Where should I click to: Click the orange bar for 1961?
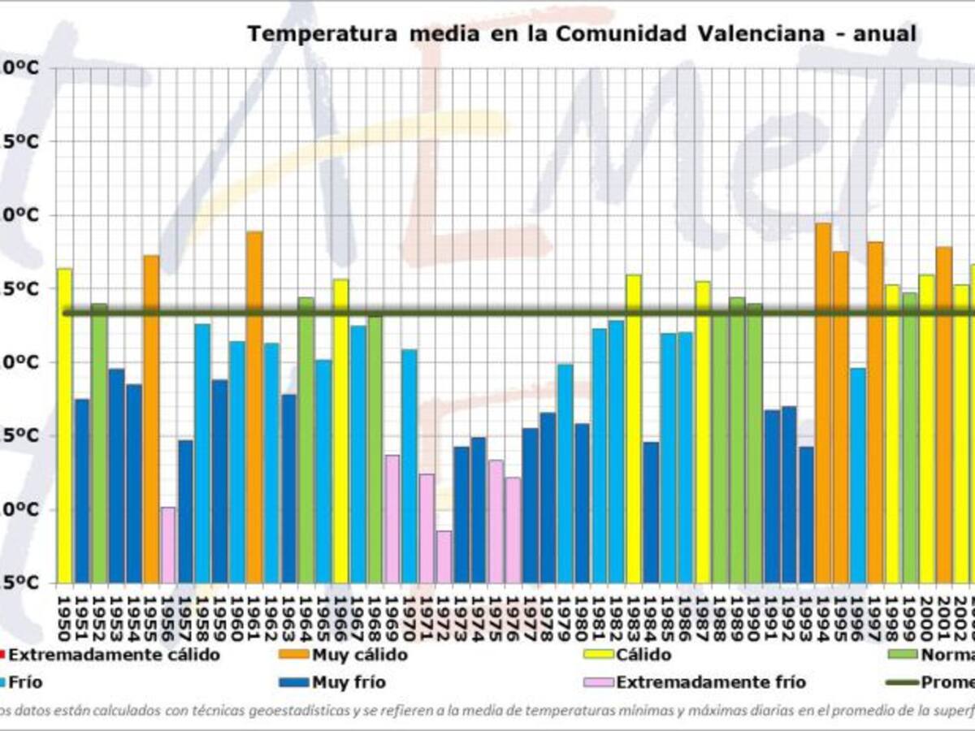254,407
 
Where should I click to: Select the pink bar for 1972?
444,557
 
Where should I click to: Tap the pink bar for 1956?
168,545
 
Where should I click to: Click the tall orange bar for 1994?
823,403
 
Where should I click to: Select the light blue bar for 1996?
858,475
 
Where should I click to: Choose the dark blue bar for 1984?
651,513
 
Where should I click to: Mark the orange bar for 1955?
151,419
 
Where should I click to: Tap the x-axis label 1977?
530,618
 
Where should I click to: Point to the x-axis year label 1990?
753,618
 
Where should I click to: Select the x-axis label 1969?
392,618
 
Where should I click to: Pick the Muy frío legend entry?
349,683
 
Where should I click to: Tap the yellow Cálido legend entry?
643,655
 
